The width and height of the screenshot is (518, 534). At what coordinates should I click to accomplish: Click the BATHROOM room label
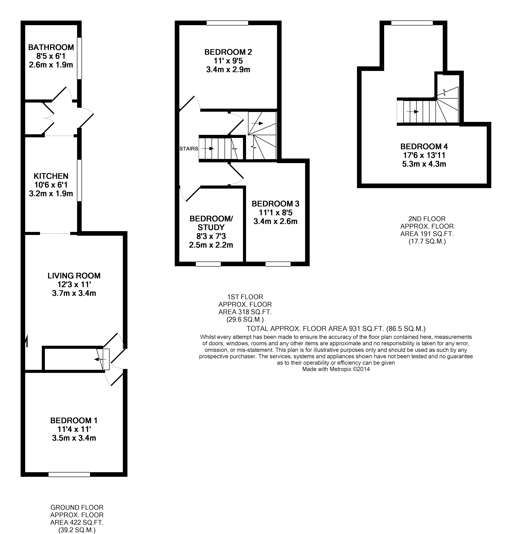coord(51,47)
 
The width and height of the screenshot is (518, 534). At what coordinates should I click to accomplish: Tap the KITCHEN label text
coord(51,176)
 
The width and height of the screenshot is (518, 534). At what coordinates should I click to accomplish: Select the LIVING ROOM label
coord(74,276)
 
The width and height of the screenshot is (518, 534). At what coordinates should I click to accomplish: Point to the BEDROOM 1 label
coord(74,420)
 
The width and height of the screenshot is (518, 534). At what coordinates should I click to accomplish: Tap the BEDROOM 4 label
coord(424,147)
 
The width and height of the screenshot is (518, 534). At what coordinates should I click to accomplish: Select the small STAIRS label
coord(189,149)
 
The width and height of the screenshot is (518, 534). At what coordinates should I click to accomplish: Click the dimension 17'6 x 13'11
coord(424,155)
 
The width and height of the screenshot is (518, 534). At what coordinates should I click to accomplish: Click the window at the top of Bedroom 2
coord(227,23)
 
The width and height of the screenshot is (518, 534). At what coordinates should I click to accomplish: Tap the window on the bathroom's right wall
coord(79,58)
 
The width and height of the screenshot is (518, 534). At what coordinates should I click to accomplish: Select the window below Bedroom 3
coord(278,264)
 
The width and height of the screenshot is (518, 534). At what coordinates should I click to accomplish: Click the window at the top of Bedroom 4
coord(412,23)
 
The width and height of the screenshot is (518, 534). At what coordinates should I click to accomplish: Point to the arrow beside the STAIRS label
coord(208,148)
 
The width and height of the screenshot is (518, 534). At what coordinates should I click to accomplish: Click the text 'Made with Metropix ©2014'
coord(336,369)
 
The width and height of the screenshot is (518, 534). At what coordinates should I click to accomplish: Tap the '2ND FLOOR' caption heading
coord(427,219)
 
